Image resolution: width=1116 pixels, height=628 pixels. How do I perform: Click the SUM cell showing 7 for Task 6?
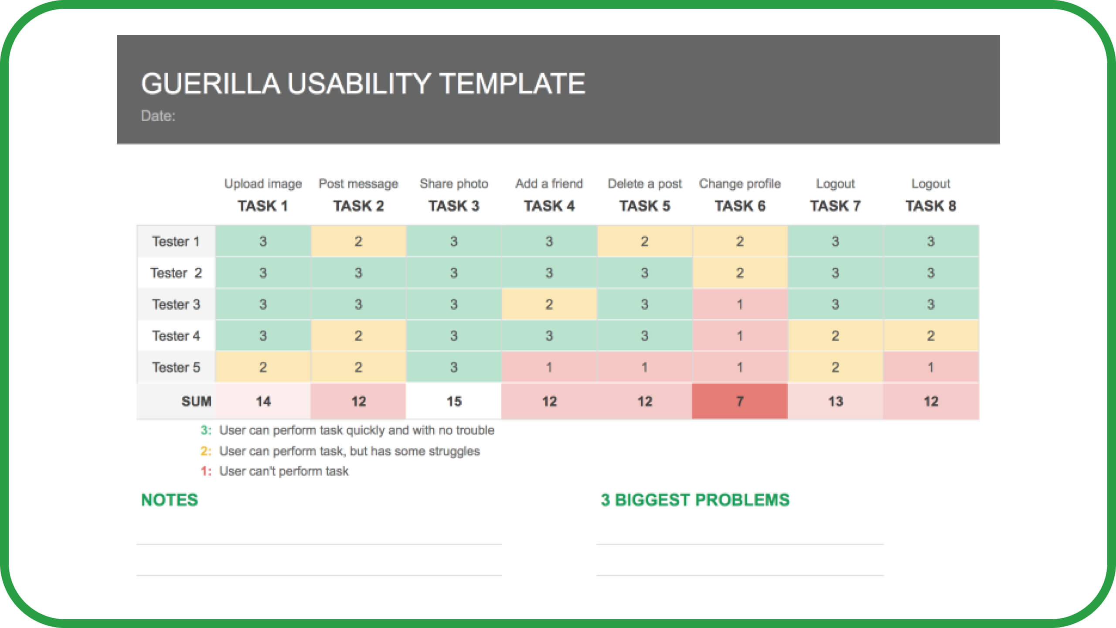(740, 401)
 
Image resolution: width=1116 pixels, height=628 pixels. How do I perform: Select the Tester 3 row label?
(176, 304)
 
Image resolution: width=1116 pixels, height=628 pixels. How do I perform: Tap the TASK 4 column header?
(549, 206)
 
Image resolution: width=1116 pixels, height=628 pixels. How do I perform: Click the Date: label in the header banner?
(158, 116)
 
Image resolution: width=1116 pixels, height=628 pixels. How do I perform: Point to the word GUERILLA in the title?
(211, 84)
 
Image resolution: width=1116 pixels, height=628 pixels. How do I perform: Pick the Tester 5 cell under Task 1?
(263, 367)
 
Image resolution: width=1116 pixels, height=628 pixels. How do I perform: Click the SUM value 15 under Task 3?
(454, 401)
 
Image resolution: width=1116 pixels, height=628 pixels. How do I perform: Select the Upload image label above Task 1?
(263, 184)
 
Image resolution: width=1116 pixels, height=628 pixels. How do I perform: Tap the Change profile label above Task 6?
(740, 184)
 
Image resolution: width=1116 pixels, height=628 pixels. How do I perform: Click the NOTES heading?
(170, 500)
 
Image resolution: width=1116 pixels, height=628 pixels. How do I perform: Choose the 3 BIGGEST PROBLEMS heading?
(695, 500)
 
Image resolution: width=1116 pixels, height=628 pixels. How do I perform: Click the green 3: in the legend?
(206, 430)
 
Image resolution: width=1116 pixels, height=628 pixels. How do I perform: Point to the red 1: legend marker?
(206, 471)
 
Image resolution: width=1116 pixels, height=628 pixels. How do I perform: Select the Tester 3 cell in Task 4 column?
(549, 304)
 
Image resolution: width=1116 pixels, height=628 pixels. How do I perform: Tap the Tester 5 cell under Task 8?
(931, 367)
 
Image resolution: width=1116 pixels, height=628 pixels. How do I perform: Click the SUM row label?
(196, 401)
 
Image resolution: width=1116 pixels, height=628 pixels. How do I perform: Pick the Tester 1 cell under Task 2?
(358, 241)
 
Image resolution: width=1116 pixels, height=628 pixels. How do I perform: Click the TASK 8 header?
(931, 206)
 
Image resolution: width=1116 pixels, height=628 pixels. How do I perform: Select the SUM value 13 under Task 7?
(835, 401)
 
